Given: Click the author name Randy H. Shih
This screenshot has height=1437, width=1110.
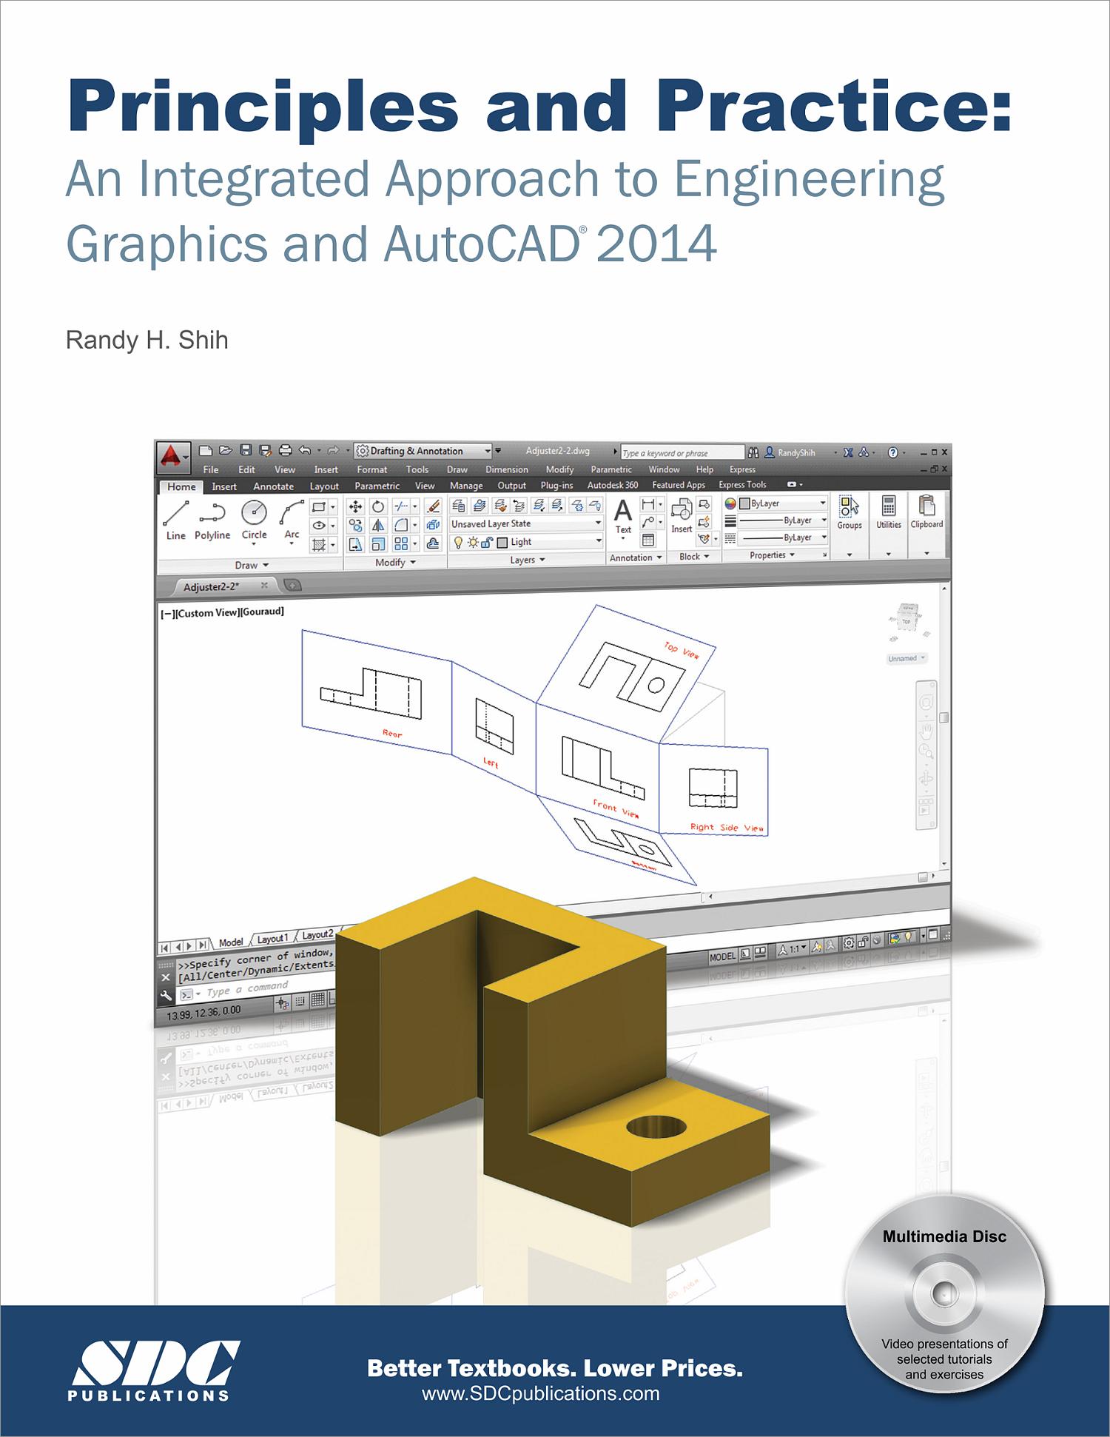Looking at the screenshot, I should click(147, 341).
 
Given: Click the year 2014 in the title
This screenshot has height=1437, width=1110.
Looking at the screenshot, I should click(656, 244).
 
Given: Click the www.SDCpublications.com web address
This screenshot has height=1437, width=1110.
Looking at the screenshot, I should click(540, 1393).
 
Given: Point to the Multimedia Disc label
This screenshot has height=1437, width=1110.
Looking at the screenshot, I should click(944, 1236).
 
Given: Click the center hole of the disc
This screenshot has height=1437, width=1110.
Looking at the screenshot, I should click(942, 1293).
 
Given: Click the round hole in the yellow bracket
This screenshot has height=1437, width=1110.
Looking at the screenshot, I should click(656, 1128).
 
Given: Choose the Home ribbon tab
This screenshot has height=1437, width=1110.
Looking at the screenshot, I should click(181, 486).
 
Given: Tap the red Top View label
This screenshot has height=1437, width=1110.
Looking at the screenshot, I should click(682, 651).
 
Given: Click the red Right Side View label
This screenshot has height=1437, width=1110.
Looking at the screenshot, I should click(727, 828).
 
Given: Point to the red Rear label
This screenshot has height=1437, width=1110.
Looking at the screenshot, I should click(392, 734).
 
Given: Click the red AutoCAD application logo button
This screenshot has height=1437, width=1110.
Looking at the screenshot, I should click(172, 457).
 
